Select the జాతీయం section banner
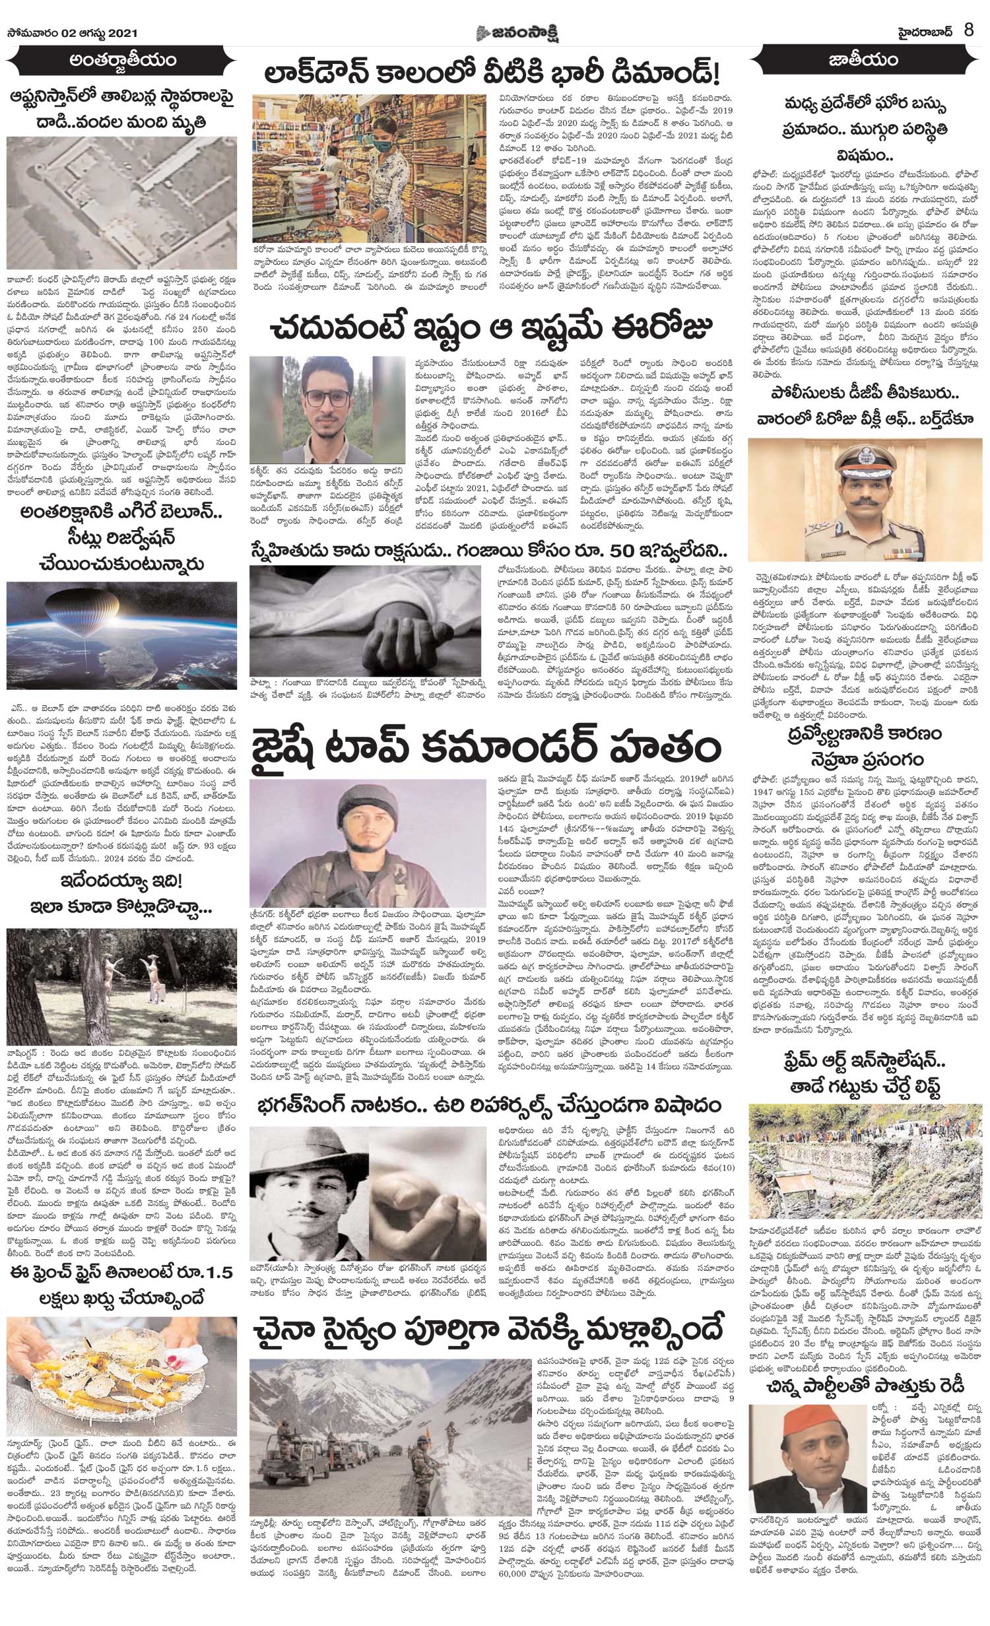867,61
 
